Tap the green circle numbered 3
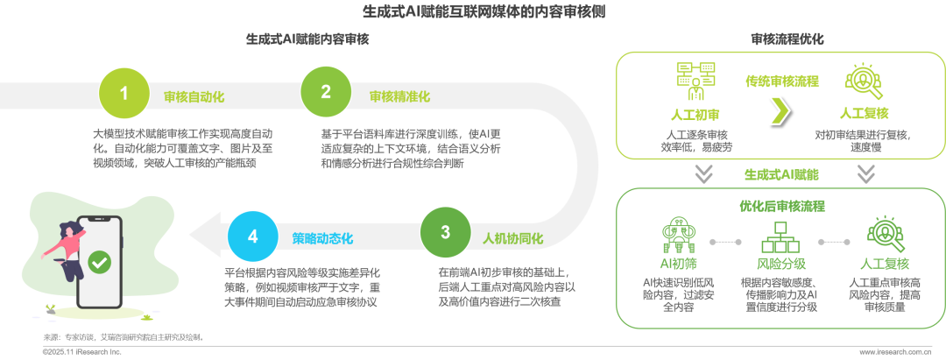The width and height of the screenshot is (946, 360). click(445, 233)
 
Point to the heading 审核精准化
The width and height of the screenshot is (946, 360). click(399, 96)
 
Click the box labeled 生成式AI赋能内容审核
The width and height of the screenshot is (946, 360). click(307, 39)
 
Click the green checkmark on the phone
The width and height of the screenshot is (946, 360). click(99, 261)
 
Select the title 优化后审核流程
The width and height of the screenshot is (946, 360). click(782, 207)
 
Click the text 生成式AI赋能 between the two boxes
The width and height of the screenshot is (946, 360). click(782, 174)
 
